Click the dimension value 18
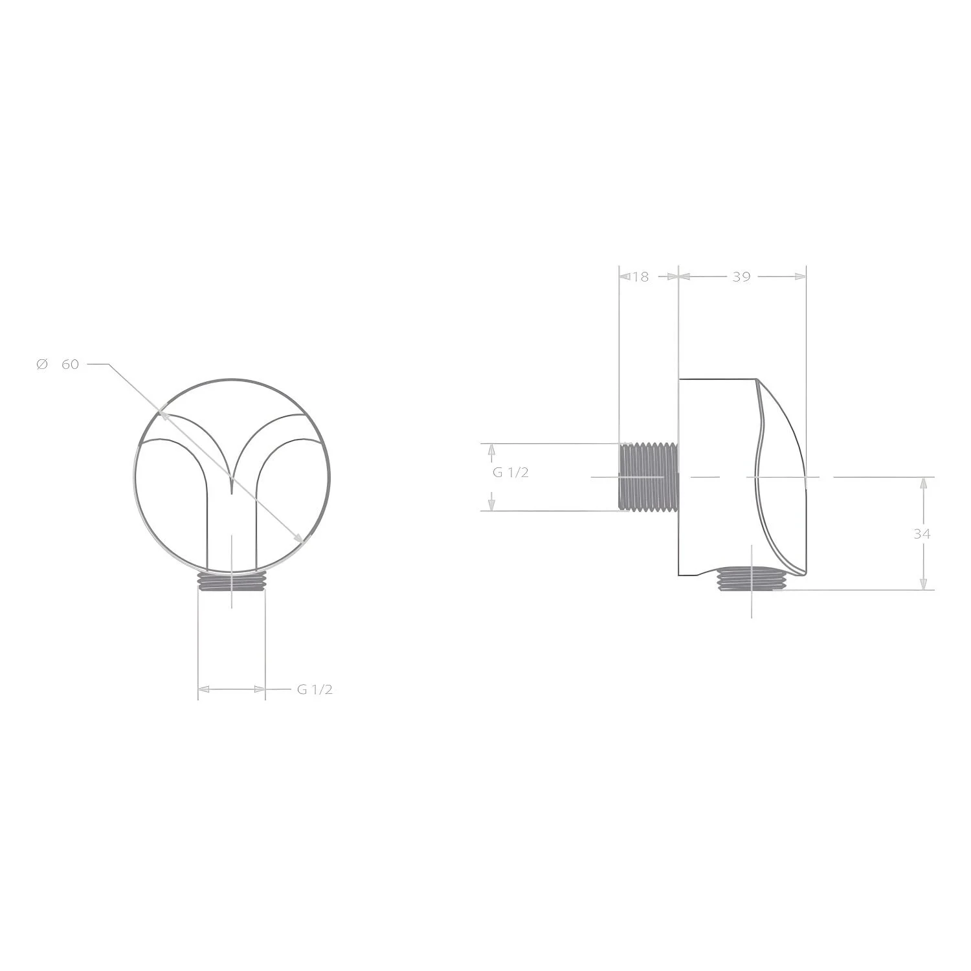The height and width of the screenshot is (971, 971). (x=641, y=277)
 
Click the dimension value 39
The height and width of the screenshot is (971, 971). (x=741, y=277)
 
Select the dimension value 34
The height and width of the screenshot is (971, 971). (x=922, y=534)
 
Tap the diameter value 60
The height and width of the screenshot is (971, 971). (x=70, y=364)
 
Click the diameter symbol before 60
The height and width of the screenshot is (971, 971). (x=42, y=364)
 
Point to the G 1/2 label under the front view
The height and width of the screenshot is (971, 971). (x=315, y=689)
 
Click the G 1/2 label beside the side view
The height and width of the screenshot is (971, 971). (x=511, y=473)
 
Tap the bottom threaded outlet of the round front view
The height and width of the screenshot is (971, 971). (x=231, y=581)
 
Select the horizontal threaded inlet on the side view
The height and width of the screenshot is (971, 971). (x=649, y=477)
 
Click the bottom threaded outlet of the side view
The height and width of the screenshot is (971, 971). (x=751, y=579)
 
